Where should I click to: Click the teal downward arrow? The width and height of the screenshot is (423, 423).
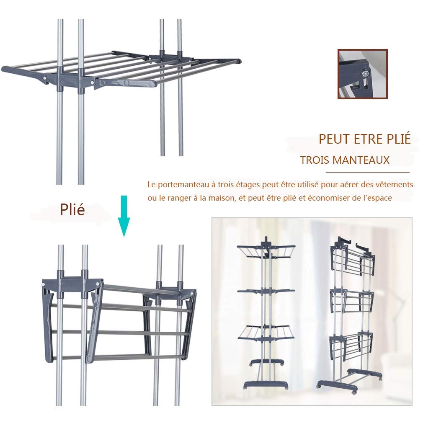pos(124,216)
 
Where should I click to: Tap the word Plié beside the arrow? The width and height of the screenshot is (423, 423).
pos(72,209)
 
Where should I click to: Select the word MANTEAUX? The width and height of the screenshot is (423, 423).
pos(361,160)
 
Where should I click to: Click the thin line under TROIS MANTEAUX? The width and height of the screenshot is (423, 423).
pos(367,172)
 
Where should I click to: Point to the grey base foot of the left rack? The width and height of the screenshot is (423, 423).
pos(266,385)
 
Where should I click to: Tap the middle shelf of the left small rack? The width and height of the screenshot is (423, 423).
pos(266,291)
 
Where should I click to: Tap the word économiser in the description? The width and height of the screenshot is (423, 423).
pos(329,198)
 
